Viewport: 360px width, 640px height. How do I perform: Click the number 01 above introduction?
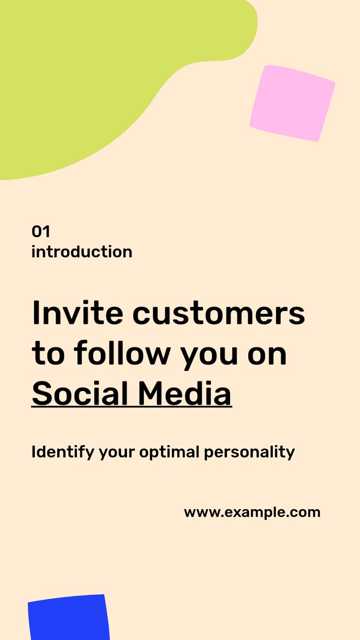tap(40, 231)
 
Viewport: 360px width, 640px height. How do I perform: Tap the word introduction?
tap(82, 252)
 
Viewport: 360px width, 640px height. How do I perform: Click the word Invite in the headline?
tap(77, 313)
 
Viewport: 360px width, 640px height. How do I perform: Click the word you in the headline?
tap(209, 357)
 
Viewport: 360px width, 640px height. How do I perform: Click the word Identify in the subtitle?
tap(63, 452)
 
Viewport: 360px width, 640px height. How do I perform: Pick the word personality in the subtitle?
tap(249, 452)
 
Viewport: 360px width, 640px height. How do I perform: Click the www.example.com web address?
tap(252, 512)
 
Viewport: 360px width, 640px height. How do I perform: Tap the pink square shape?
tap(293, 103)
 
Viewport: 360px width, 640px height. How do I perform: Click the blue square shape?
tap(69, 617)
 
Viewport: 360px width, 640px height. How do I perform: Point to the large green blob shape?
tap(86, 71)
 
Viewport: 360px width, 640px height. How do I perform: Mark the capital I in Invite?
tap(36, 313)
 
